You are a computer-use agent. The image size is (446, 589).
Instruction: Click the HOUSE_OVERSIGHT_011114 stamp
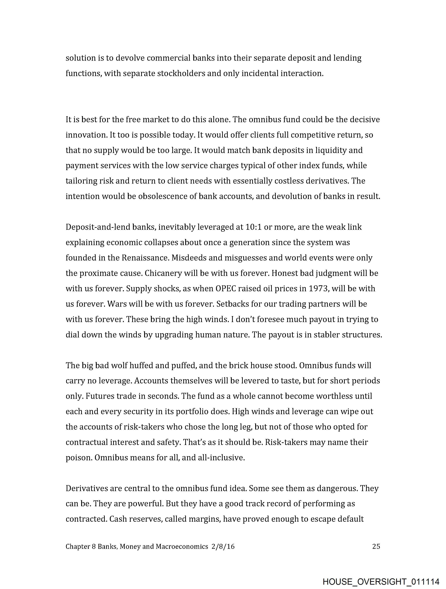point(381,581)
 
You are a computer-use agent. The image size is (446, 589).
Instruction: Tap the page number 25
point(376,546)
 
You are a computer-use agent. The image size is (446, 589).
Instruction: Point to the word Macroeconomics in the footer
point(182,546)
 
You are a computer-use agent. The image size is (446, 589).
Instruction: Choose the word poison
point(79,458)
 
